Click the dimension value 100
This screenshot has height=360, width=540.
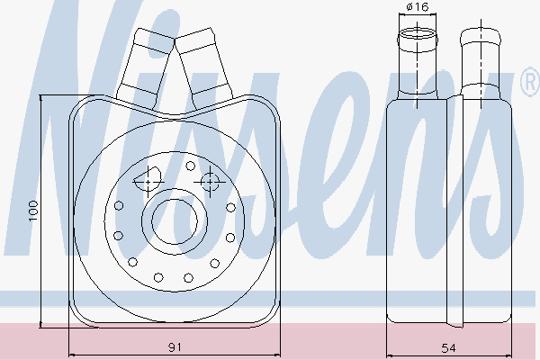[33, 211]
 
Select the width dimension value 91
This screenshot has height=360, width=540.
[175, 346]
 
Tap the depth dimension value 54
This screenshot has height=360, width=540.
[448, 348]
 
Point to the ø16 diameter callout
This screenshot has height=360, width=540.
[417, 7]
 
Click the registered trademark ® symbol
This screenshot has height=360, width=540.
[531, 81]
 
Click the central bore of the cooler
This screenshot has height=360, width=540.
[175, 221]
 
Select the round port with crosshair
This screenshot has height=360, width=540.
[210, 182]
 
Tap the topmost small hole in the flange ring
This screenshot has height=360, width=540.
[190, 166]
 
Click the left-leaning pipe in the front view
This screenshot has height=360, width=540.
[145, 69]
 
